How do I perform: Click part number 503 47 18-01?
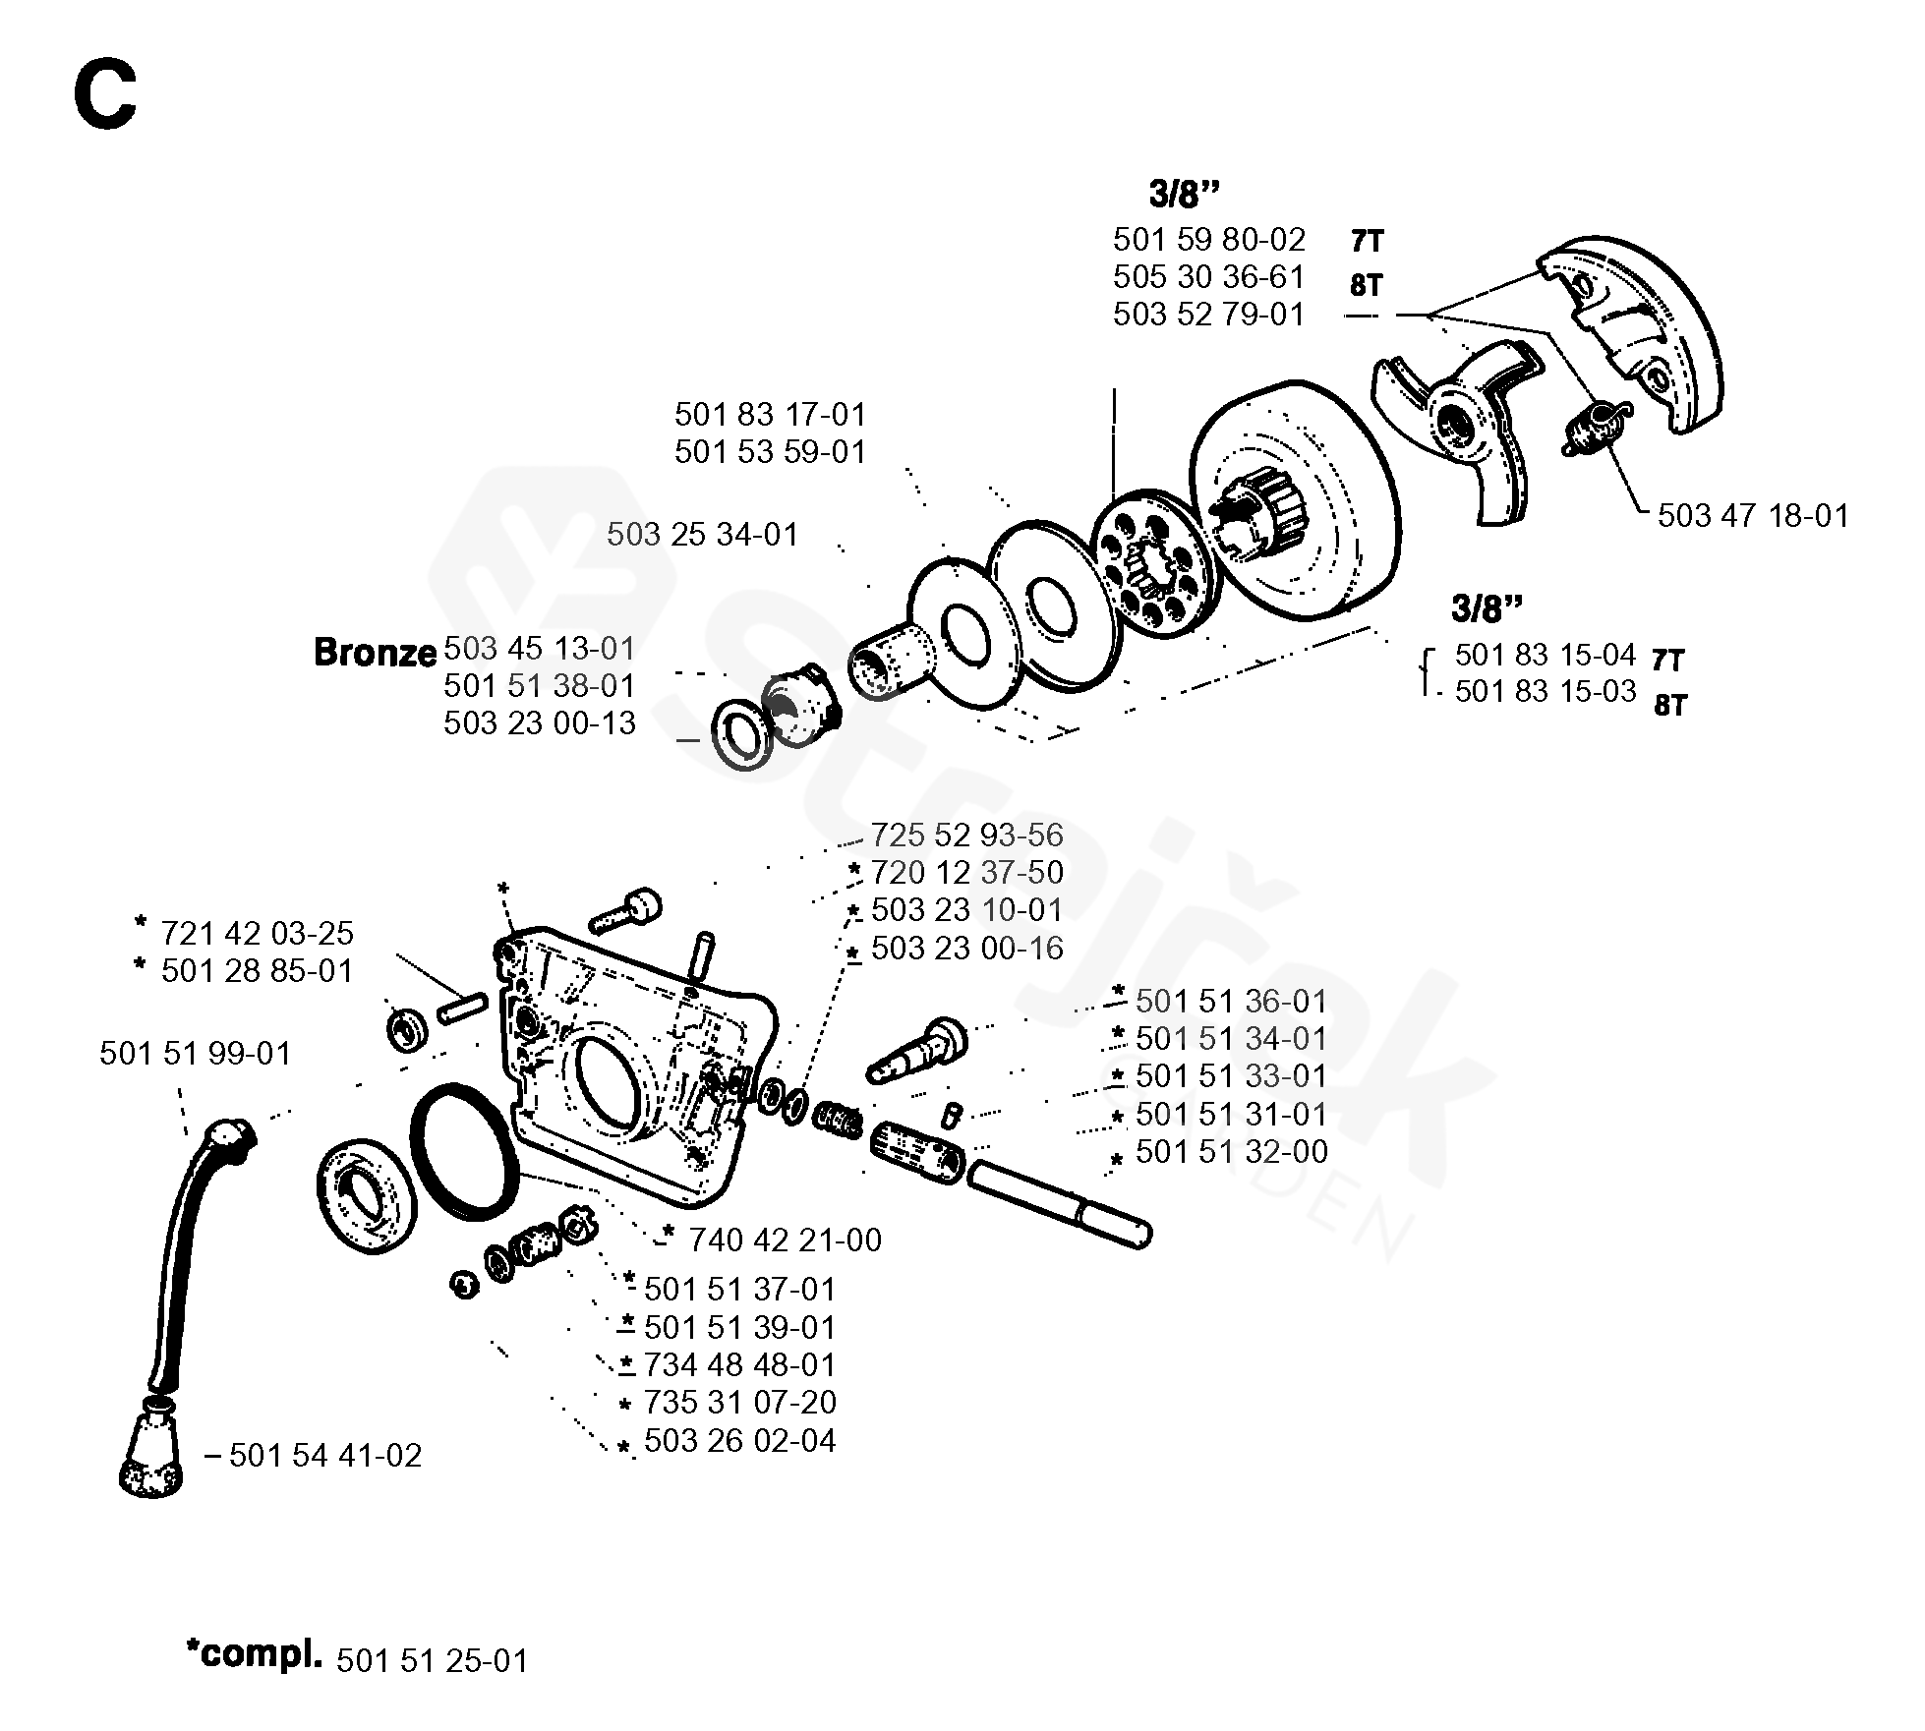pyautogui.click(x=1753, y=516)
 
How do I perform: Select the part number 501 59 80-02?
pyautogui.click(x=1208, y=240)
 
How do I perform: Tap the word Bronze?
pyautogui.click(x=375, y=653)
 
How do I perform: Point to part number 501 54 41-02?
pyautogui.click(x=325, y=1455)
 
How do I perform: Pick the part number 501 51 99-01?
pyautogui.click(x=196, y=1054)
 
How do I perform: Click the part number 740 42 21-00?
pyautogui.click(x=785, y=1241)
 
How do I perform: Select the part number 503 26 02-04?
pyautogui.click(x=739, y=1441)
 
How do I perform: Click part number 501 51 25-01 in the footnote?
pyautogui.click(x=433, y=1661)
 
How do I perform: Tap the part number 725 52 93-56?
pyautogui.click(x=966, y=836)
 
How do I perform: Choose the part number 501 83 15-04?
pyautogui.click(x=1545, y=655)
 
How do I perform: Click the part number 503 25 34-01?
pyautogui.click(x=702, y=535)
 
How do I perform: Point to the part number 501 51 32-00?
pyautogui.click(x=1231, y=1152)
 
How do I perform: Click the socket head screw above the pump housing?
pyautogui.click(x=625, y=911)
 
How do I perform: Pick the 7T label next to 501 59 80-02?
pyautogui.click(x=1366, y=242)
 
